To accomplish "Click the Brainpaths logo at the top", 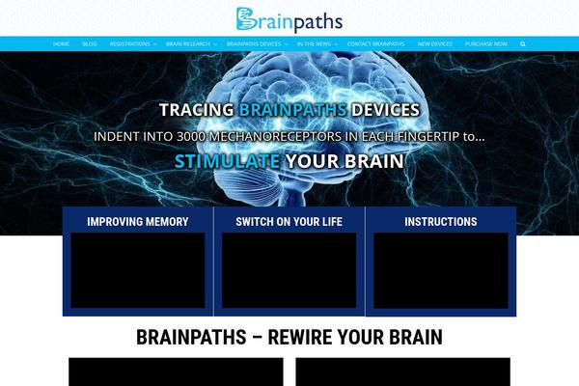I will coord(289,18).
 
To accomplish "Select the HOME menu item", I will coord(61,43).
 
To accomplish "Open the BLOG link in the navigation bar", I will coord(90,43).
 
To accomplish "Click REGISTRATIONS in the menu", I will coord(130,43).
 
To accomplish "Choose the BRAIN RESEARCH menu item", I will coord(188,43).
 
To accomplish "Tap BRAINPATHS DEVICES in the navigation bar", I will coord(255,43).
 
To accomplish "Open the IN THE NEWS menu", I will coord(315,43).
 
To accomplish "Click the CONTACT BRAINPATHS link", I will coord(376,43).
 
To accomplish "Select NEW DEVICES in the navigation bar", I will coord(434,43).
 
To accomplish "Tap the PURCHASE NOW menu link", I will coord(485,43).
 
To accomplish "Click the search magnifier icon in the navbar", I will coord(523,43).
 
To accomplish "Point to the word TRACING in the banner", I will coord(196,109).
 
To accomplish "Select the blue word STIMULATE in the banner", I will coord(228,161).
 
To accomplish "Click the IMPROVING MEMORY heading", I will coord(138,221).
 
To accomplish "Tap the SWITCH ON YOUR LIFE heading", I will coord(289,221).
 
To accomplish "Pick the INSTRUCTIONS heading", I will coord(440,221).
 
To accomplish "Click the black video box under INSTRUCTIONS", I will coord(440,270).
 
